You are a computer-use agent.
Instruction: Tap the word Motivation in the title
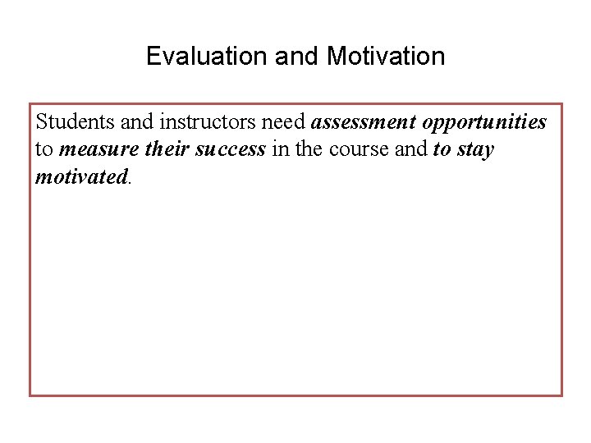coord(386,57)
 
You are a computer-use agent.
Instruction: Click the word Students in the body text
coord(76,122)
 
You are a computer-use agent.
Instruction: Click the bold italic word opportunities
coord(484,123)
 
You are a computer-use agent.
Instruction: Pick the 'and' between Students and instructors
coord(137,122)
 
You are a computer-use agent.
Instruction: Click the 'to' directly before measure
coord(44,150)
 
